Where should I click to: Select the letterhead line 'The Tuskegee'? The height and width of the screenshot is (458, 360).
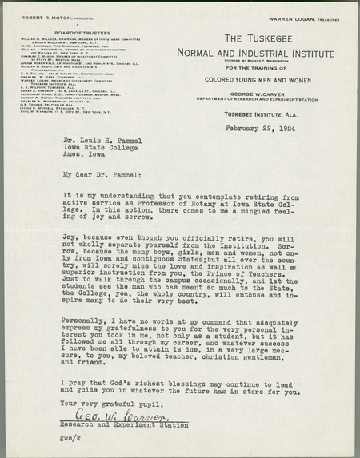(x=263, y=38)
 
